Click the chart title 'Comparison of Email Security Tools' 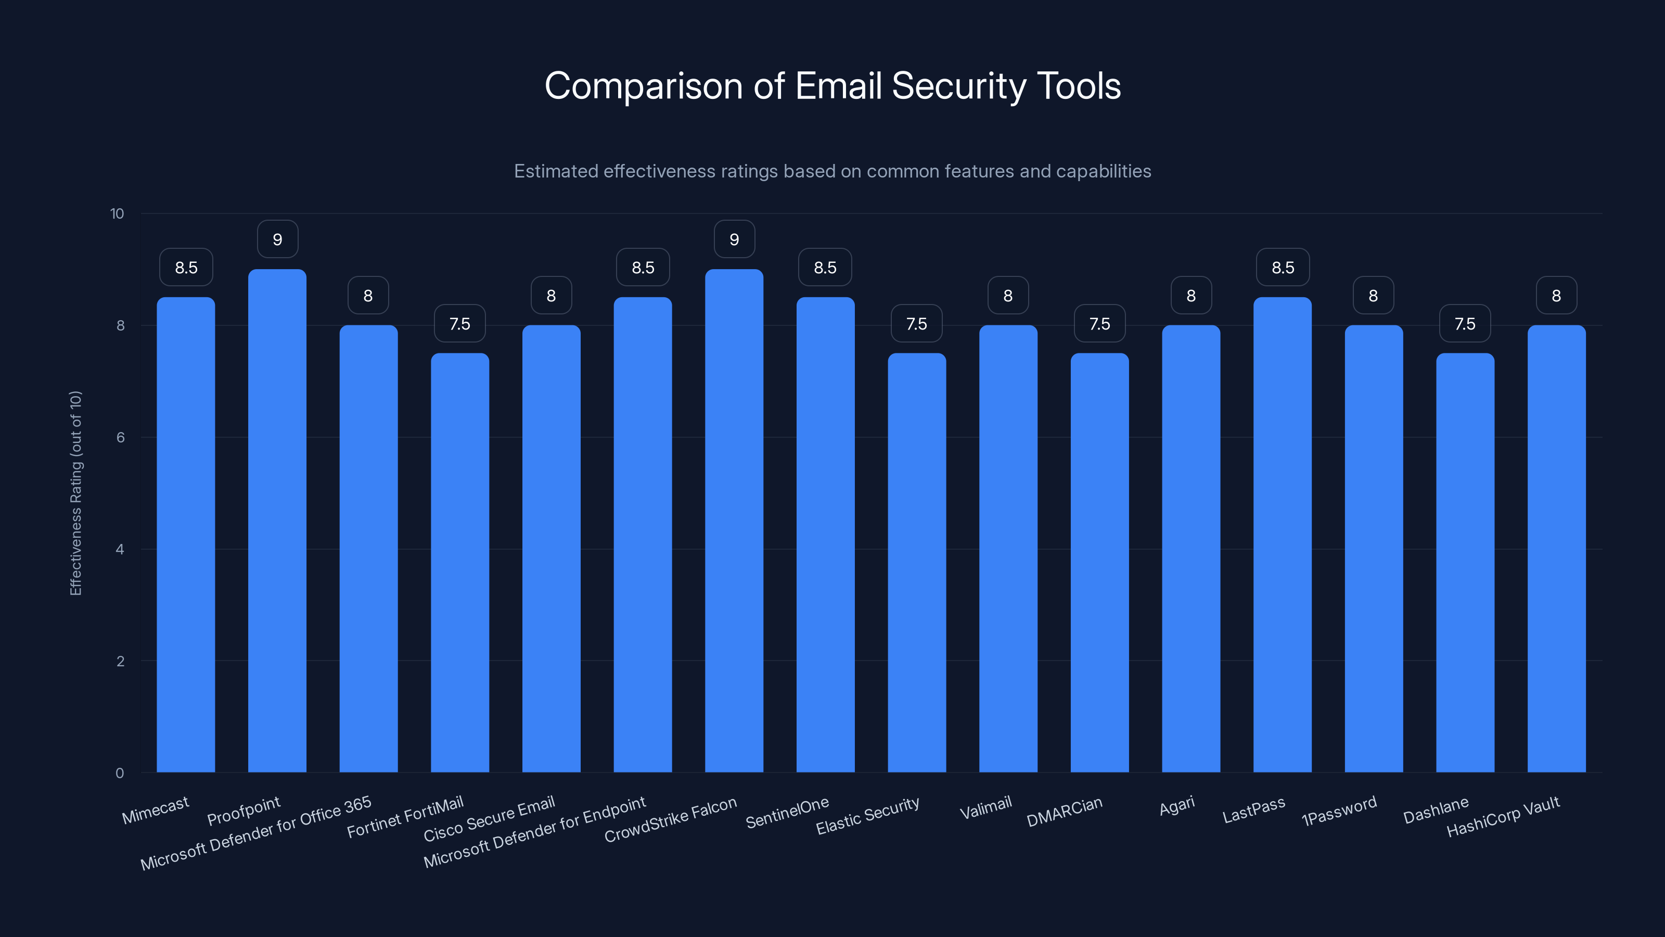[832, 86]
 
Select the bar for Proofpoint [277, 521]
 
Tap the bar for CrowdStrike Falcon [734, 521]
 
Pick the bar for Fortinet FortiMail [459, 563]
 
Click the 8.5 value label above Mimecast [186, 267]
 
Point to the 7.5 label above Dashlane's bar [1465, 323]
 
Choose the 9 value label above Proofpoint [277, 239]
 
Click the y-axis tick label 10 [117, 213]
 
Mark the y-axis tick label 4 [120, 549]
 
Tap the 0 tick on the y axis [120, 773]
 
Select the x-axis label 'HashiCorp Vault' [1503, 817]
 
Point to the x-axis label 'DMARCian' [1064, 812]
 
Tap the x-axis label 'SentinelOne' [787, 812]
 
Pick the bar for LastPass [1283, 535]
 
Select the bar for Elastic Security [916, 563]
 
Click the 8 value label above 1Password [1374, 296]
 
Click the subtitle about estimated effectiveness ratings [832, 171]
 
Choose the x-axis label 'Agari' [1176, 806]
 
